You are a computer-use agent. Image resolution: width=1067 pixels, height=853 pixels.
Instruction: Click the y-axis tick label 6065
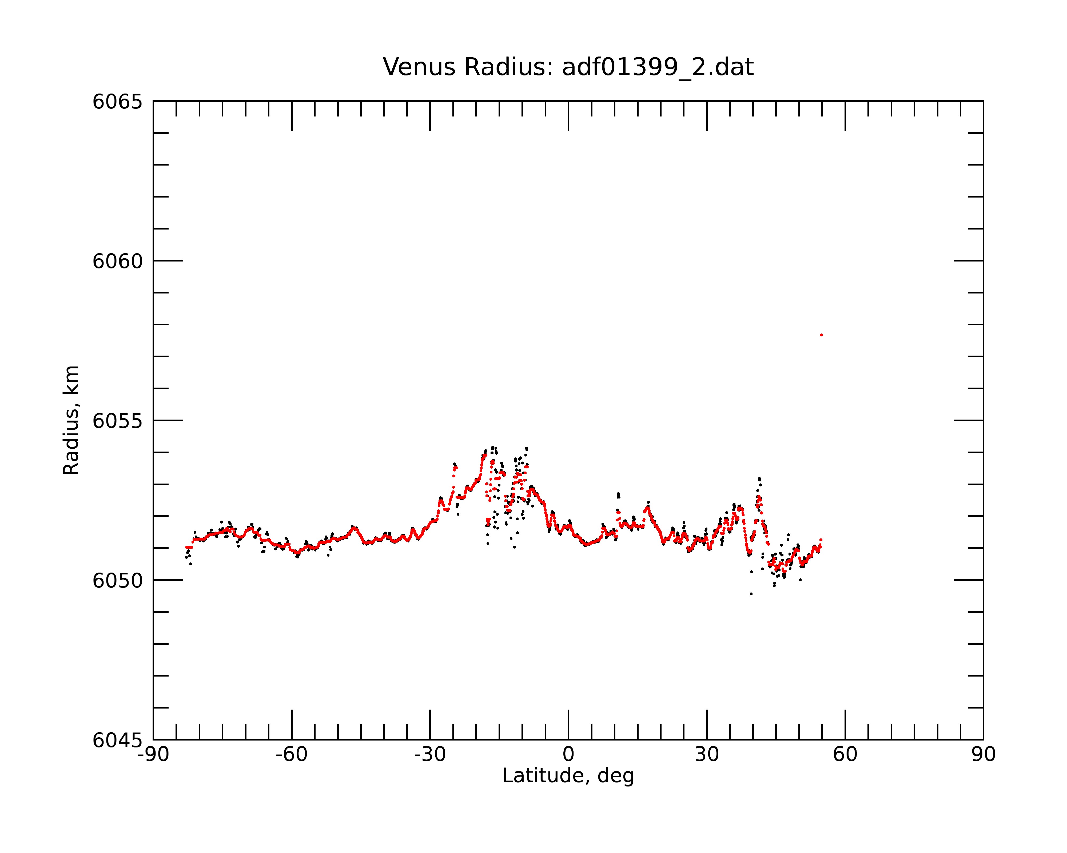117,102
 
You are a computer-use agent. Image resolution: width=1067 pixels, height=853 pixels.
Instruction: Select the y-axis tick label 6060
117,261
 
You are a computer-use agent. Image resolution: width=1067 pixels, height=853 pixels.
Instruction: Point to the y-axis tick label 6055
117,421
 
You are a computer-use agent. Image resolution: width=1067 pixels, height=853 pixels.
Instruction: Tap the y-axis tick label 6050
117,581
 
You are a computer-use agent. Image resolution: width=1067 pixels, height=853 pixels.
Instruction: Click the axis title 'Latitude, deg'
568,776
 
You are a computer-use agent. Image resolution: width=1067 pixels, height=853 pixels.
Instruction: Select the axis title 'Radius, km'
71,420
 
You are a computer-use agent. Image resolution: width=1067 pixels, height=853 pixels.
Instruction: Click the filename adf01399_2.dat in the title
658,67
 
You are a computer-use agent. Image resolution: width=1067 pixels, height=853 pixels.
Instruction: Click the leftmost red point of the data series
186,548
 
